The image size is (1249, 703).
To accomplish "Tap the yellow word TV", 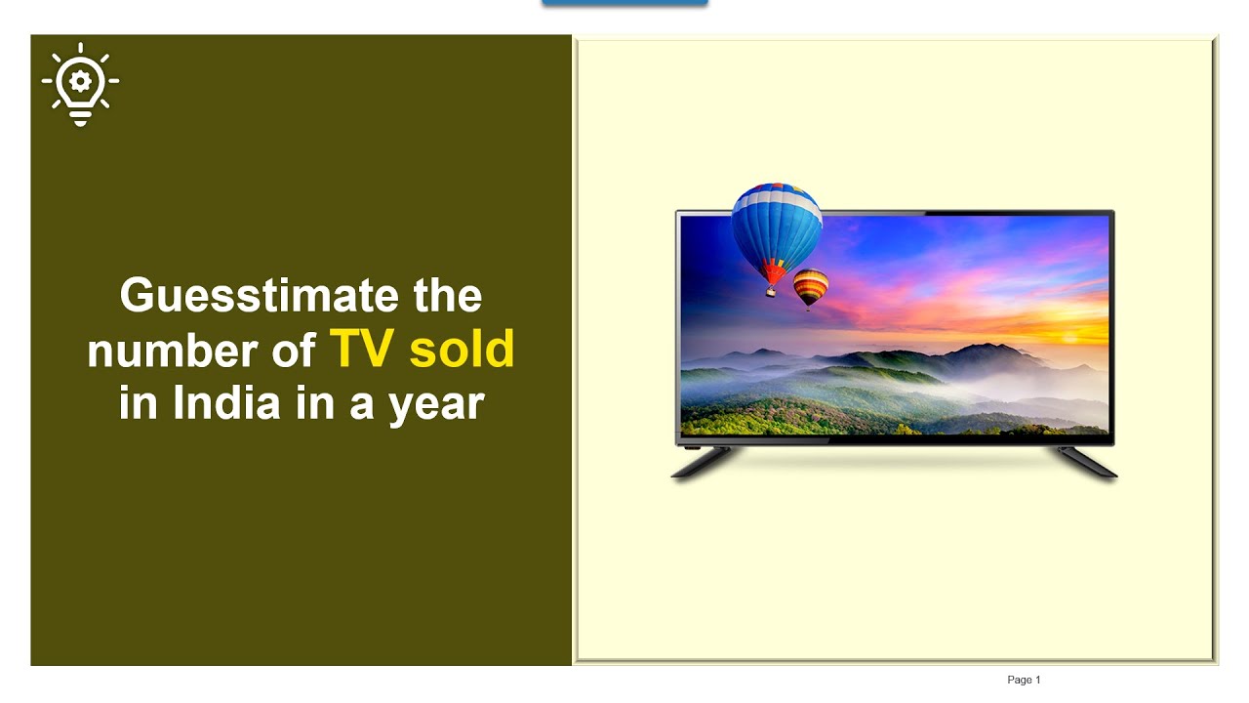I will (361, 349).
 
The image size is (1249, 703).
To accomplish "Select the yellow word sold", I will (462, 349).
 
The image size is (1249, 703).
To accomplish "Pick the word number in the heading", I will (157, 351).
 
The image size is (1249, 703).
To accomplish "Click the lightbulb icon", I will (80, 84).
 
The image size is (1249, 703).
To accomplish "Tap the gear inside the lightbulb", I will (80, 78).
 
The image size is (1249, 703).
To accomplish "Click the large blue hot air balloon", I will (776, 225).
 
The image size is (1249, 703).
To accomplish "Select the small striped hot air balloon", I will (810, 285).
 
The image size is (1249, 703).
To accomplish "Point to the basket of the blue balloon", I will (771, 291).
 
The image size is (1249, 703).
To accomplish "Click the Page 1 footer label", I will (1024, 680).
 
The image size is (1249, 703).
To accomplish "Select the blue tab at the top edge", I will (624, 3).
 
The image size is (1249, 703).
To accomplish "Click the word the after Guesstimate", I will (447, 296).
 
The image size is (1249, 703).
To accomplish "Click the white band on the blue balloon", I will (776, 197).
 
